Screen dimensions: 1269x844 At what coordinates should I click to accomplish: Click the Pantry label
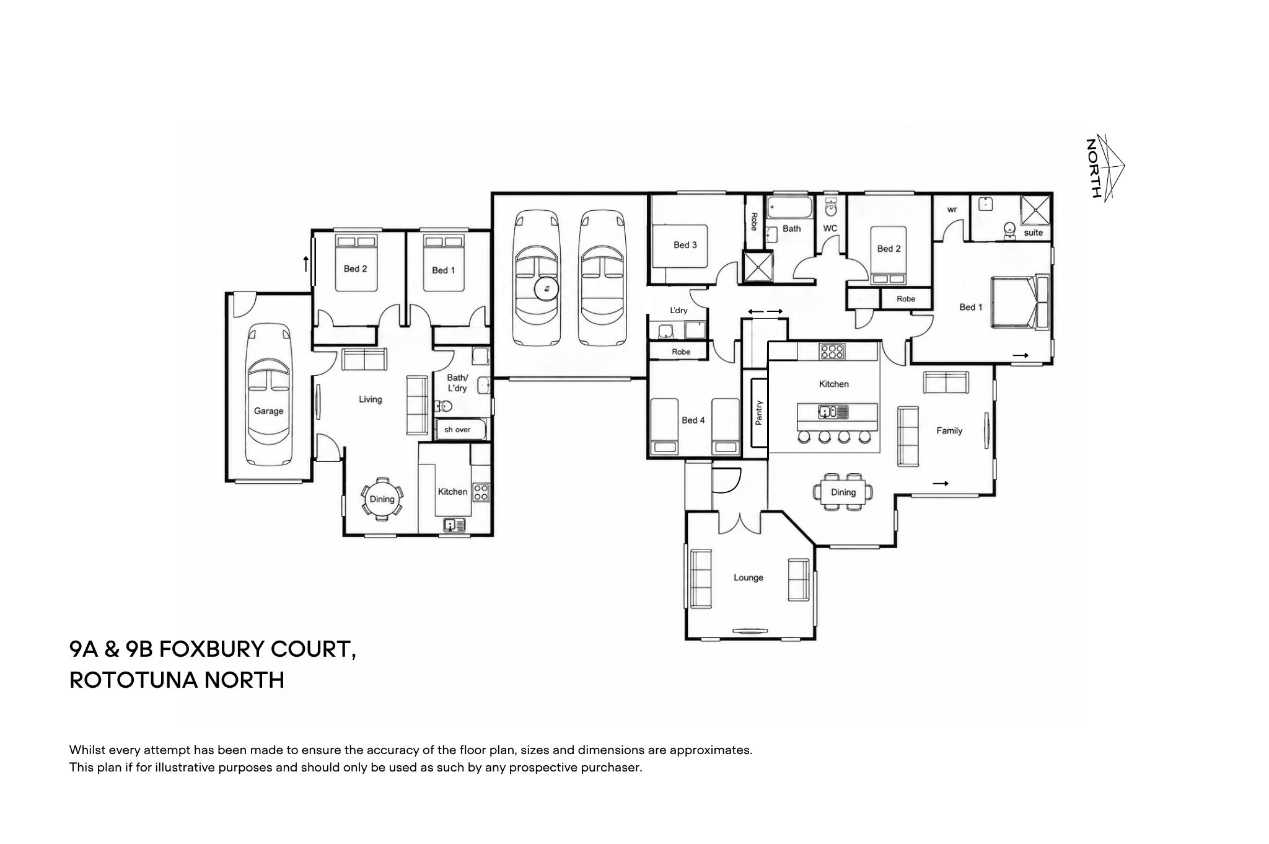[x=759, y=412]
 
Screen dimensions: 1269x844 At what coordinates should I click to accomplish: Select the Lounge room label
[x=748, y=577]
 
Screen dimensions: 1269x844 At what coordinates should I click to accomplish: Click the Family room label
[x=949, y=430]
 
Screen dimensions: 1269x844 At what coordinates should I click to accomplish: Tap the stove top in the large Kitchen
[x=832, y=352]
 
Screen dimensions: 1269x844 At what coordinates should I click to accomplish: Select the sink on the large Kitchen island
[x=828, y=411]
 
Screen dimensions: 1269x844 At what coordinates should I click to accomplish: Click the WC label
[x=830, y=228]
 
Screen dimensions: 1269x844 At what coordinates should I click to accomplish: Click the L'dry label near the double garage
[x=678, y=310]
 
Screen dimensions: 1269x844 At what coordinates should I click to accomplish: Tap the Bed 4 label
[x=693, y=420]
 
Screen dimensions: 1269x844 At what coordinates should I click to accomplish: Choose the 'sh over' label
[x=457, y=429]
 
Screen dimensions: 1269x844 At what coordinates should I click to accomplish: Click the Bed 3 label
[x=685, y=245]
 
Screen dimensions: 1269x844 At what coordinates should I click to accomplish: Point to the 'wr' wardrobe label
[x=952, y=210]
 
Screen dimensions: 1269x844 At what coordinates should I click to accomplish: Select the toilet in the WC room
[x=831, y=207]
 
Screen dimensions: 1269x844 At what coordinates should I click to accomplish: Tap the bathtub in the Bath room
[x=789, y=208]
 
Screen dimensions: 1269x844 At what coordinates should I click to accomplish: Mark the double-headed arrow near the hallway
[x=765, y=311]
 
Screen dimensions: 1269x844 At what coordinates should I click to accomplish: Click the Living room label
[x=370, y=399]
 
